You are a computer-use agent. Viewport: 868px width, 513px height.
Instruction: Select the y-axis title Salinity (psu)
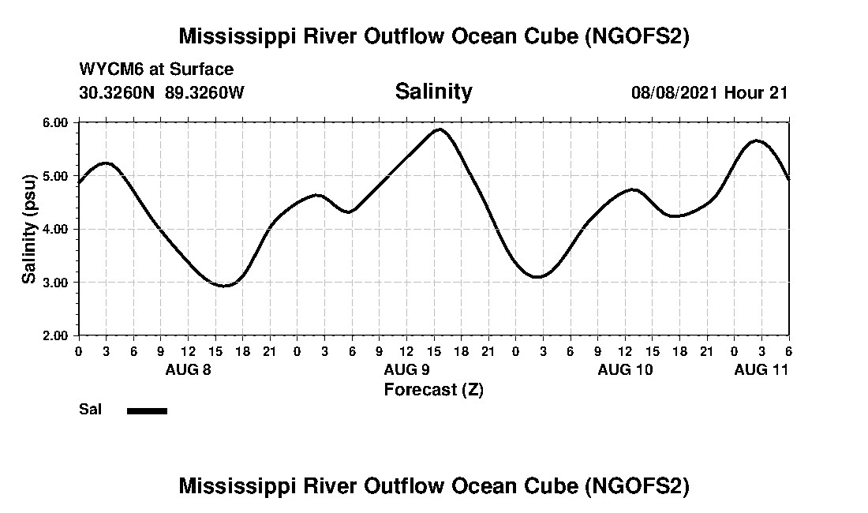[x=29, y=229]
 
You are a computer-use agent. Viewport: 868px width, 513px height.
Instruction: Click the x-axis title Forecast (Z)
[x=433, y=390]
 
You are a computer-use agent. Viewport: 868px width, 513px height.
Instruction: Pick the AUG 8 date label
[x=188, y=370]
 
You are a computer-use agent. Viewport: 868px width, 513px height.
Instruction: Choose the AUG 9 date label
[x=406, y=370]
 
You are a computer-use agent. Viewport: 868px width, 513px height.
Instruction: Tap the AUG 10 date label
[x=625, y=370]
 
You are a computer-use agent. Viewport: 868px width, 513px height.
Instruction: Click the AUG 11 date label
[x=761, y=370]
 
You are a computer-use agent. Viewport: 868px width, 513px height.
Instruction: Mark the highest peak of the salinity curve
[x=440, y=129]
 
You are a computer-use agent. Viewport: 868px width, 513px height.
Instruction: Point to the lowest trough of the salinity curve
[x=224, y=286]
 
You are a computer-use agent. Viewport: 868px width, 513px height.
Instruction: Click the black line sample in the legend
[x=148, y=410]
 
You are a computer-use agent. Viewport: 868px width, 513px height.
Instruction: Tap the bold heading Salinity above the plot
[x=433, y=92]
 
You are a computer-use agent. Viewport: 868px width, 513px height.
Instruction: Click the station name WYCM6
[x=107, y=69]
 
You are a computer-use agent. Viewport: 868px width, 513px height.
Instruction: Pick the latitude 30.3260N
[x=118, y=92]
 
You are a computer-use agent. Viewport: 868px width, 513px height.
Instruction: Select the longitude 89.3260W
[x=205, y=92]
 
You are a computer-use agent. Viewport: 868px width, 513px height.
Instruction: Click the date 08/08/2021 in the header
[x=675, y=92]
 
